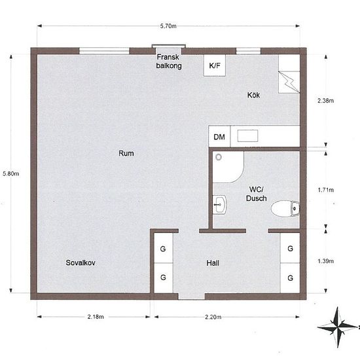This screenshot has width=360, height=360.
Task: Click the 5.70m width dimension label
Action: pyautogui.click(x=168, y=26)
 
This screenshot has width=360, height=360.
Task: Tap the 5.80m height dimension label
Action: pyautogui.click(x=10, y=173)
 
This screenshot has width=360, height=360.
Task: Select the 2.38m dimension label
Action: pyautogui.click(x=325, y=101)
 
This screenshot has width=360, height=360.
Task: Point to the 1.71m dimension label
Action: pyautogui.click(x=325, y=190)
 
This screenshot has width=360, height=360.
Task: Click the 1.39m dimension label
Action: pyautogui.click(x=325, y=261)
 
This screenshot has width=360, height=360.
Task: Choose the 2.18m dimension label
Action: pyautogui.click(x=96, y=317)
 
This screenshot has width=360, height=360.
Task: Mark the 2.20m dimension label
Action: pyautogui.click(x=213, y=317)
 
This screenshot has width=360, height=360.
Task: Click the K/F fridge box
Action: pyautogui.click(x=215, y=65)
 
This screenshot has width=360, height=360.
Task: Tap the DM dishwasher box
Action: pyautogui.click(x=219, y=137)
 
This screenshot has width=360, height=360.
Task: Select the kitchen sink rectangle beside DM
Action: pyautogui.click(x=247, y=135)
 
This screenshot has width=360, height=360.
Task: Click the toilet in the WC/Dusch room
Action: pyautogui.click(x=285, y=208)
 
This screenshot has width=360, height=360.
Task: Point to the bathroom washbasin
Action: pyautogui.click(x=219, y=205)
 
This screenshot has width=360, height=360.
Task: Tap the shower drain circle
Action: pyautogui.click(x=219, y=157)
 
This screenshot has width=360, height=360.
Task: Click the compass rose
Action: pyautogui.click(x=338, y=327)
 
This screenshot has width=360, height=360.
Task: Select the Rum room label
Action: pyautogui.click(x=126, y=153)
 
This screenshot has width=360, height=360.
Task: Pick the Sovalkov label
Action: pyautogui.click(x=81, y=262)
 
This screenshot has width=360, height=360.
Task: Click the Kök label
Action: pyautogui.click(x=253, y=95)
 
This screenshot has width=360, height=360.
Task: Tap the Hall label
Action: pyautogui.click(x=213, y=263)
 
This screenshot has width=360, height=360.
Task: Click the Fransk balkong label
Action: pyautogui.click(x=169, y=62)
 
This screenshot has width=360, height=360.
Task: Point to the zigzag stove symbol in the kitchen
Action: pyautogui.click(x=289, y=82)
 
